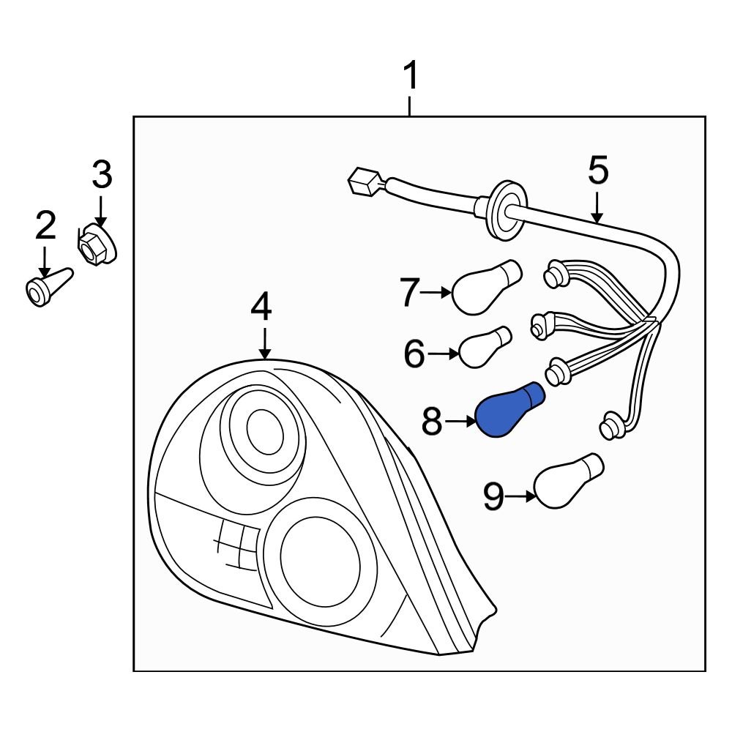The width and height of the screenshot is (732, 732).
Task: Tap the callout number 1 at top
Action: tap(411, 76)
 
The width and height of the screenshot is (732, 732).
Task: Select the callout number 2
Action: tap(45, 226)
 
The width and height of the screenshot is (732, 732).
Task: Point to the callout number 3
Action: tap(102, 176)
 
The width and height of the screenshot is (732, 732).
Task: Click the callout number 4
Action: tap(261, 307)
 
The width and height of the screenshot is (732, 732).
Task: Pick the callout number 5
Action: tap(598, 171)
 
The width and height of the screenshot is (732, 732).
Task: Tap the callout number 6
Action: tap(414, 355)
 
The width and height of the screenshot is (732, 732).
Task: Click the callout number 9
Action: tap(494, 497)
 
